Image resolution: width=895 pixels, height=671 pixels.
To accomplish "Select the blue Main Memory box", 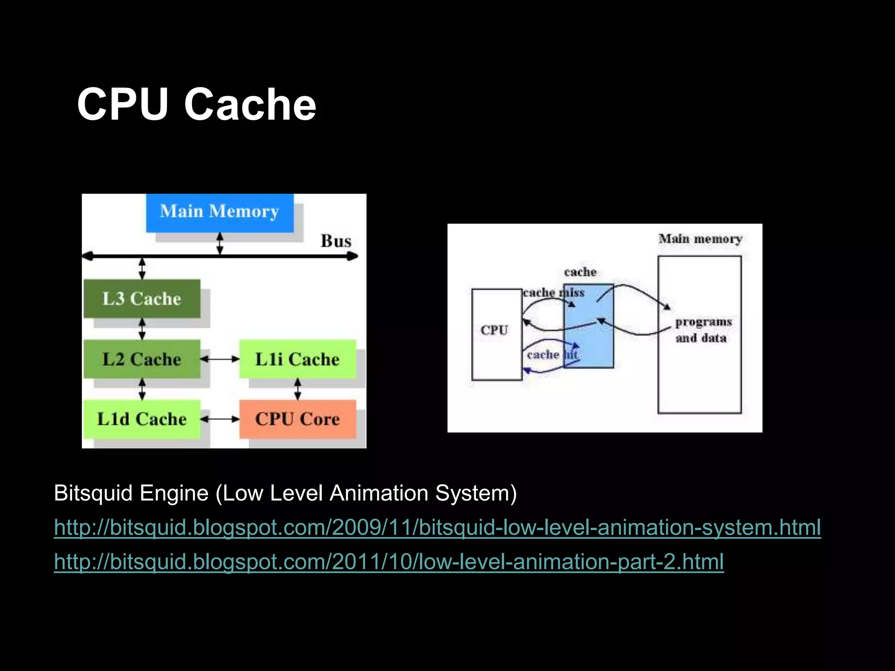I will click(x=219, y=212).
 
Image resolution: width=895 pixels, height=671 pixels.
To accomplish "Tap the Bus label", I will click(x=336, y=241).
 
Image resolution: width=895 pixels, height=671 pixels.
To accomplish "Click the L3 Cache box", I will click(x=142, y=299).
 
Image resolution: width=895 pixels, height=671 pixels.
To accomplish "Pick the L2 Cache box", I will click(x=142, y=359).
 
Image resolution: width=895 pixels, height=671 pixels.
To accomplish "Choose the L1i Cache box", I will click(x=297, y=359).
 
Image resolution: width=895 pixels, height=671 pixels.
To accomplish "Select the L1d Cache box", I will click(x=142, y=419).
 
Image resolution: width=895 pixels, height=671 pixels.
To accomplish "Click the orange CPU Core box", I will click(x=297, y=419).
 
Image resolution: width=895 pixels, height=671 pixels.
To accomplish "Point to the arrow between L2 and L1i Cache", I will click(x=220, y=359).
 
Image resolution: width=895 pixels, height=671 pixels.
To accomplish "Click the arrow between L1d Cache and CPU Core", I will click(x=220, y=419).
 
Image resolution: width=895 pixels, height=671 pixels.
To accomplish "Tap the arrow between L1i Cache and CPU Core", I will click(x=298, y=389).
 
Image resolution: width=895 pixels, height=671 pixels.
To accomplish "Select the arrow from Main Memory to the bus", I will click(x=220, y=243).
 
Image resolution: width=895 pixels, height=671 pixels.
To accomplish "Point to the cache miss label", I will click(x=553, y=292).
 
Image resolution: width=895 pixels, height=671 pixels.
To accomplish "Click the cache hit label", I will click(x=552, y=354).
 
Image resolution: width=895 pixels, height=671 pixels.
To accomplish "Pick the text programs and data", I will click(x=702, y=330).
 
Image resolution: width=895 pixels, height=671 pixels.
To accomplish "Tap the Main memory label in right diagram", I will click(x=700, y=239).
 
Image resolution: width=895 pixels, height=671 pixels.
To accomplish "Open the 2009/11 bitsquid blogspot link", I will click(x=437, y=527).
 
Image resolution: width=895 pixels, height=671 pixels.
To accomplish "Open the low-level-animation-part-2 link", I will click(x=389, y=561).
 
